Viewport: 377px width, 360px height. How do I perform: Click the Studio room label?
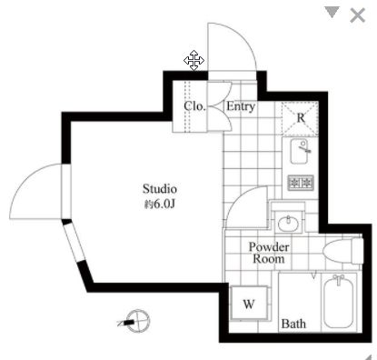[x=160, y=189]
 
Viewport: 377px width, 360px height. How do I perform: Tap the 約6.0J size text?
[x=160, y=205]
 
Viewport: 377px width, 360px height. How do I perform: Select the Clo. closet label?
[x=194, y=106]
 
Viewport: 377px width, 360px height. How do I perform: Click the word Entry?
[x=241, y=106]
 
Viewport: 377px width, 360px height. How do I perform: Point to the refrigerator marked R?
[x=300, y=118]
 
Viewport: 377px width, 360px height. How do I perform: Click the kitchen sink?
[x=300, y=151]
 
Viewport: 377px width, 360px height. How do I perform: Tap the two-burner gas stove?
[x=301, y=183]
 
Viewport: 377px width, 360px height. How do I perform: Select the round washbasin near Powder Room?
[x=288, y=224]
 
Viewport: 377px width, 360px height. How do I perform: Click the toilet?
[x=342, y=251]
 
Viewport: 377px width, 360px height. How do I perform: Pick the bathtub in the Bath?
[x=338, y=302]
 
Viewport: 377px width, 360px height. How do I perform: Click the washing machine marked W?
[x=249, y=303]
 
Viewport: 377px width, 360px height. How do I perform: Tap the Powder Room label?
[x=269, y=253]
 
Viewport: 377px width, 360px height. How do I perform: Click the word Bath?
[x=293, y=324]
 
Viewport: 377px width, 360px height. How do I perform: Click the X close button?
[x=357, y=15]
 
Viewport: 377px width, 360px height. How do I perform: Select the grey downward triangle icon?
[x=332, y=12]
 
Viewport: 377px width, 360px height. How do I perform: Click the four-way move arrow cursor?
[x=193, y=60]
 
